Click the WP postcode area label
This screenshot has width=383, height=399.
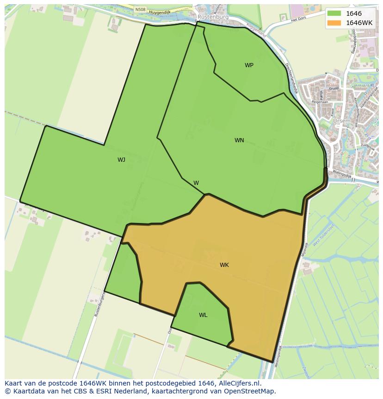click(249, 65)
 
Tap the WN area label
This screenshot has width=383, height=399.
click(239, 140)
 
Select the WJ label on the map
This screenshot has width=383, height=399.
click(121, 160)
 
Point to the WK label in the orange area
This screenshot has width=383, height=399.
click(224, 265)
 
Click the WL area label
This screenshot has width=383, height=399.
click(203, 315)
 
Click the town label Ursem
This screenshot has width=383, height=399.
click(341, 121)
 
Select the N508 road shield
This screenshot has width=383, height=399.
click(140, 9)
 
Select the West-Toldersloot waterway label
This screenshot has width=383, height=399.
click(323, 236)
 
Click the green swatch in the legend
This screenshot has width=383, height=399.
click(334, 14)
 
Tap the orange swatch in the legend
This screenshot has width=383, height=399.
click(334, 23)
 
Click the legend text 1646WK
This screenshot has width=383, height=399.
click(359, 23)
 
